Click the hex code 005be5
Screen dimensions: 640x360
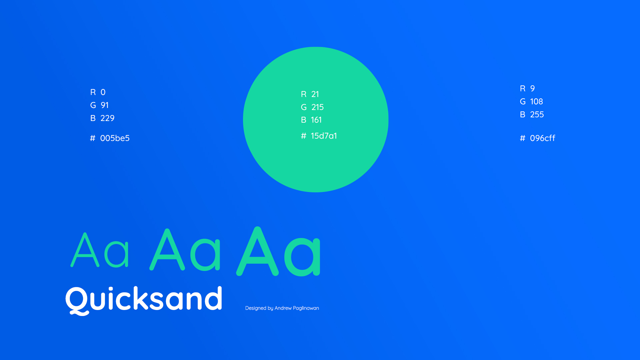(x=115, y=138)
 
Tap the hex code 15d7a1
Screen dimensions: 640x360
(x=324, y=136)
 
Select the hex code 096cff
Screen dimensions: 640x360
(x=543, y=138)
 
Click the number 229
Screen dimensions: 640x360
(x=107, y=118)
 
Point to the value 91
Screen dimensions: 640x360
(x=105, y=105)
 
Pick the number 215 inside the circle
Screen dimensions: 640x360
(x=317, y=107)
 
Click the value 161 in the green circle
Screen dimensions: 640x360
(x=316, y=120)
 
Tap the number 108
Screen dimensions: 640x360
(x=536, y=101)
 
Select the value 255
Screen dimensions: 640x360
(x=537, y=114)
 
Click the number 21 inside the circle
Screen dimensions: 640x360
(x=315, y=94)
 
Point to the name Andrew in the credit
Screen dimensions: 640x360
(x=283, y=308)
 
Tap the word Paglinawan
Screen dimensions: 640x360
(x=306, y=308)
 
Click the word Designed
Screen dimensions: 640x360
(x=256, y=308)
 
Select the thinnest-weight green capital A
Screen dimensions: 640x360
(x=85, y=250)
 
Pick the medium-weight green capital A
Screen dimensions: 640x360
(x=167, y=249)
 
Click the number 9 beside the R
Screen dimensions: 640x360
(x=532, y=88)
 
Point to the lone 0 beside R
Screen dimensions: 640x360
(x=103, y=92)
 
